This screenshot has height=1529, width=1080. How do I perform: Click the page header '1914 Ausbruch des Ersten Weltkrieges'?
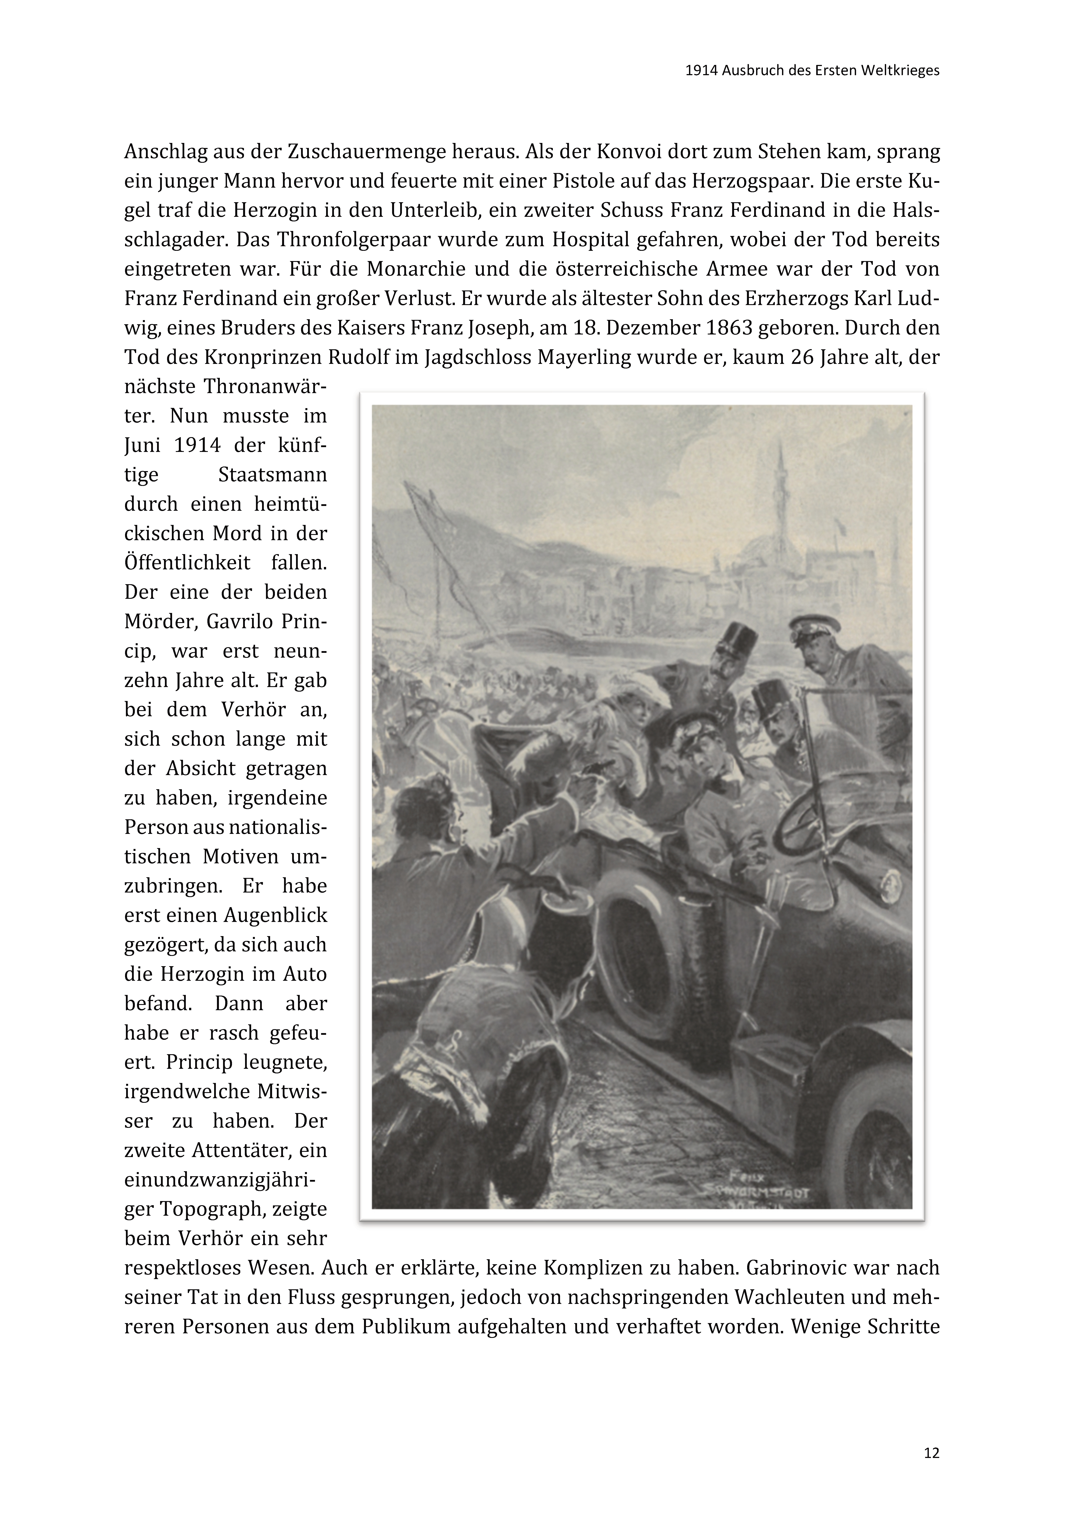812,71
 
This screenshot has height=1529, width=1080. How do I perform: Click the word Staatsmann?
272,475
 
